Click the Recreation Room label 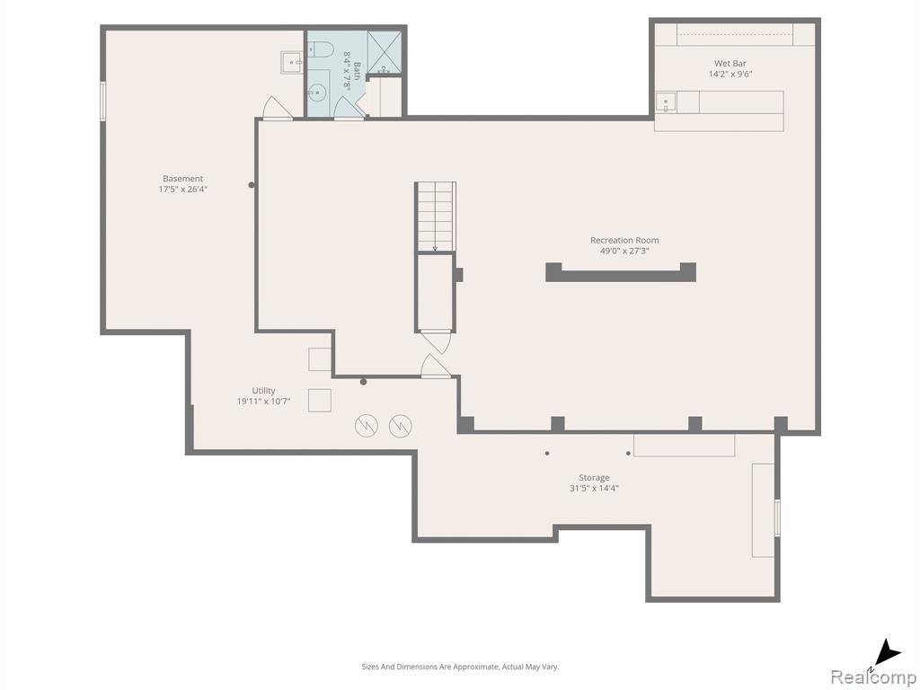click(624, 240)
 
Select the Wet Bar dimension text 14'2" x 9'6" click(730, 74)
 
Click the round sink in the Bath click(317, 93)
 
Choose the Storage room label click(594, 478)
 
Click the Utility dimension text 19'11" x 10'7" click(263, 402)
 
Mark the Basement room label click(183, 179)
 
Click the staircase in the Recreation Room click(436, 217)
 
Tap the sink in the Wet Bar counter click(666, 102)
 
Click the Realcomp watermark click(874, 677)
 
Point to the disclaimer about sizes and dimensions click(460, 667)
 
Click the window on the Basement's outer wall click(103, 102)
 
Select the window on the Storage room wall click(777, 517)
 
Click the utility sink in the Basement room click(292, 62)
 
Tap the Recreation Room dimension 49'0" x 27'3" click(624, 251)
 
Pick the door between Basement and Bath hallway click(278, 109)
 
